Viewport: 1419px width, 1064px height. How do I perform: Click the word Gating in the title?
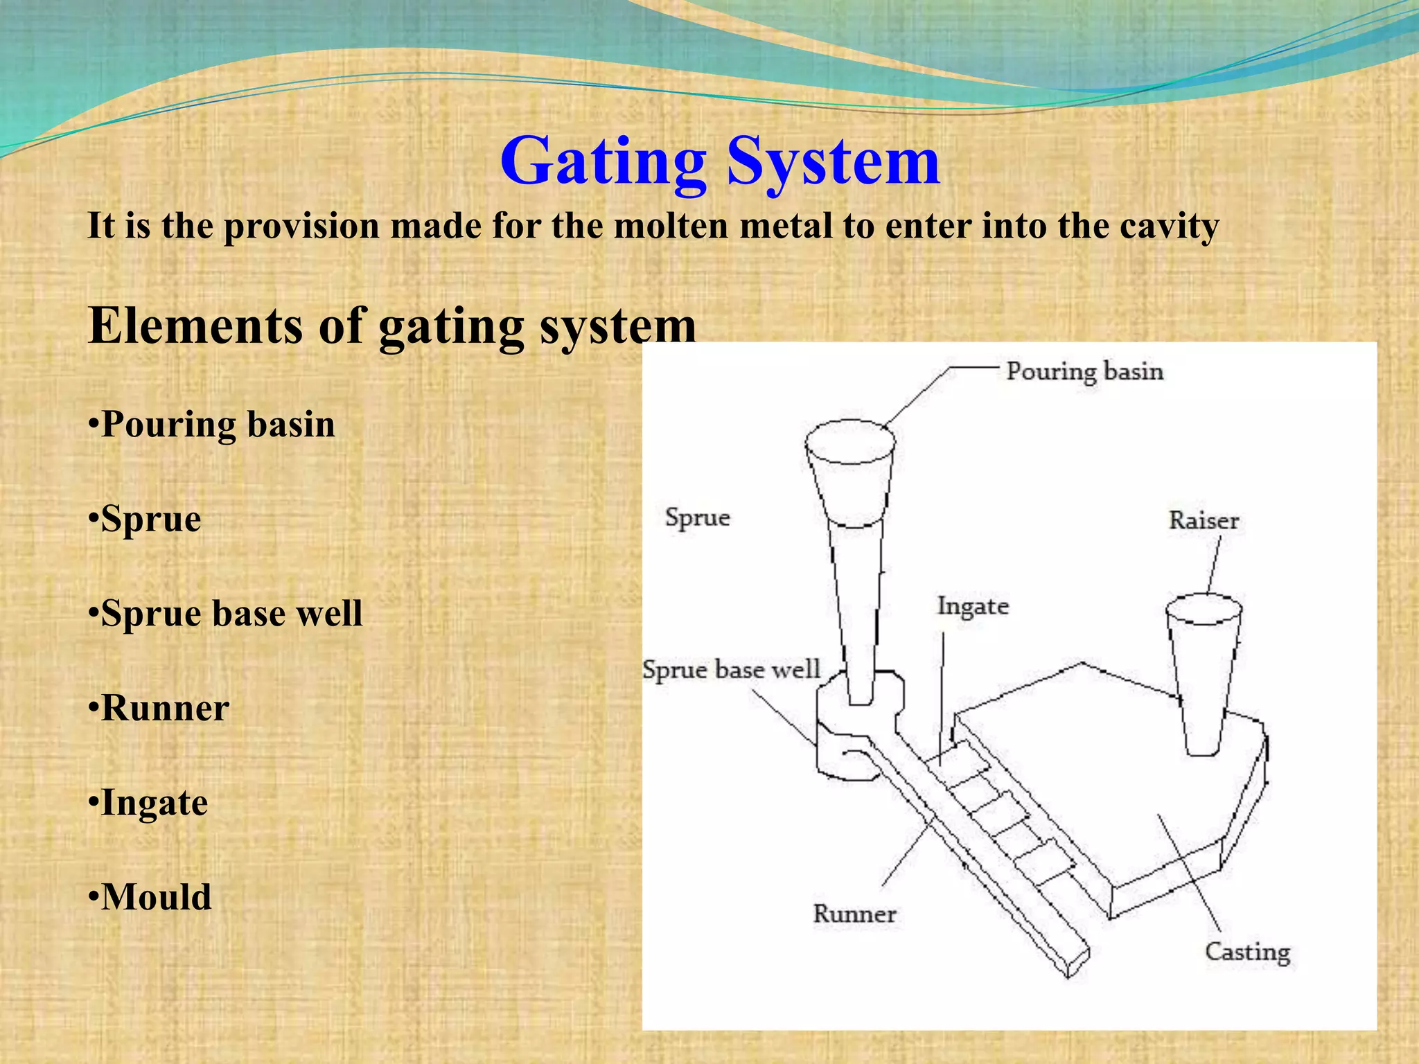[x=603, y=161]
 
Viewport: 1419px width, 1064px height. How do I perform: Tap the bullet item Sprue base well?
[x=226, y=613]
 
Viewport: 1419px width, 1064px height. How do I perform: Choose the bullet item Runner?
[x=159, y=708]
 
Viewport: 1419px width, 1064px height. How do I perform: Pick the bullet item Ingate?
[x=148, y=803]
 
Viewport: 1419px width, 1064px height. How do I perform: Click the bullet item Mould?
[x=150, y=897]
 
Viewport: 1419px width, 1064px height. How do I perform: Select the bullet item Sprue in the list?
[x=145, y=519]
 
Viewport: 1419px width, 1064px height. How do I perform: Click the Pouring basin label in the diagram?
[x=1084, y=371]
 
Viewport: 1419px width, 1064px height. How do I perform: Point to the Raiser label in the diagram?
[x=1204, y=520]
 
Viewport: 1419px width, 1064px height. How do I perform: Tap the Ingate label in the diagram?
[x=973, y=606]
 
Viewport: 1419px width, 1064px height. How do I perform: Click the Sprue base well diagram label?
[x=731, y=670]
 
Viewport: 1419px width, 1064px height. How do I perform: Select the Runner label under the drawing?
[x=854, y=914]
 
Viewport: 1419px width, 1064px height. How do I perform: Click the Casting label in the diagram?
[x=1247, y=952]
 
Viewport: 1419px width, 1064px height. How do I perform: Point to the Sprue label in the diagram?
[x=697, y=517]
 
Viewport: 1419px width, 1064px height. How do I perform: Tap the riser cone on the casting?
[x=1203, y=679]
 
